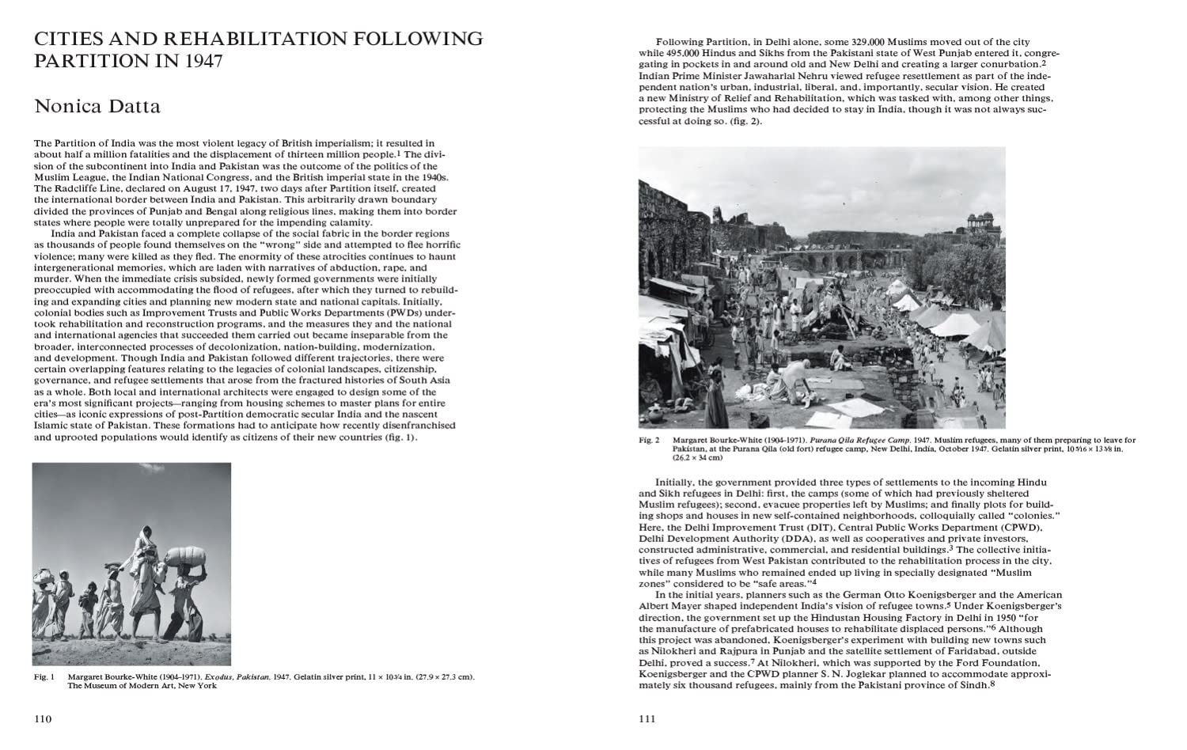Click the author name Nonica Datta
(x=97, y=106)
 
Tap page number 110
(x=42, y=719)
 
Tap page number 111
(x=647, y=719)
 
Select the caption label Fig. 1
(x=43, y=677)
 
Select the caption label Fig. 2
(x=649, y=440)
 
